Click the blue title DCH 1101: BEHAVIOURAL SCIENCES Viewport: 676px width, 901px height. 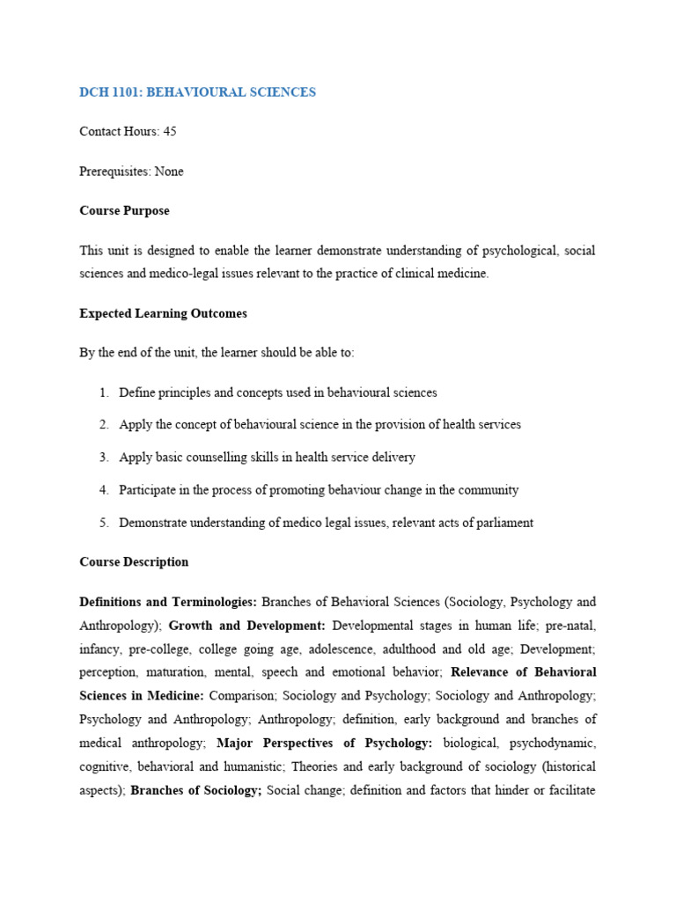pos(197,92)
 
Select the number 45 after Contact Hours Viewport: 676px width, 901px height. pos(170,131)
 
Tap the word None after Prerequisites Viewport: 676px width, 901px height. pos(169,172)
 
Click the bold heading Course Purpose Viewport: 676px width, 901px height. pos(124,211)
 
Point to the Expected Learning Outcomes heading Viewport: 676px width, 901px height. pos(163,313)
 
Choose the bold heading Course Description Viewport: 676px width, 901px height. pos(134,561)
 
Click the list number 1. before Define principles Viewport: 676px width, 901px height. pos(104,392)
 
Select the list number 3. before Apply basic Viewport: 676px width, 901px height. pos(104,458)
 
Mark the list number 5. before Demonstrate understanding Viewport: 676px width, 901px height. pos(104,523)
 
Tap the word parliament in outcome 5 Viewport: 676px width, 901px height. pos(504,523)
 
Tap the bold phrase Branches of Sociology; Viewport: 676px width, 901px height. pos(196,790)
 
